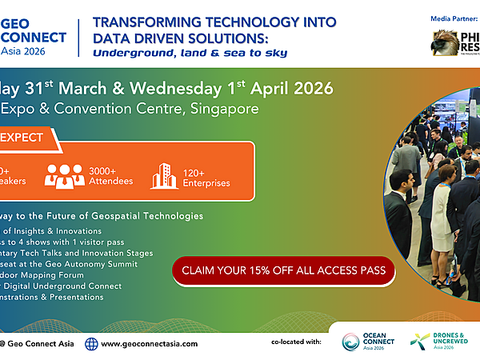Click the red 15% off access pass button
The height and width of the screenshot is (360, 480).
(x=284, y=270)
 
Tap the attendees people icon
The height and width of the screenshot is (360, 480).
(x=64, y=176)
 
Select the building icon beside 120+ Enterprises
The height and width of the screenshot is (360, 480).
(x=164, y=176)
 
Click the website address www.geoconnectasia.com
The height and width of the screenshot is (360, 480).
(x=149, y=344)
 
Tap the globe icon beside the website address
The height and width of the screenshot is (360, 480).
(x=91, y=344)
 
